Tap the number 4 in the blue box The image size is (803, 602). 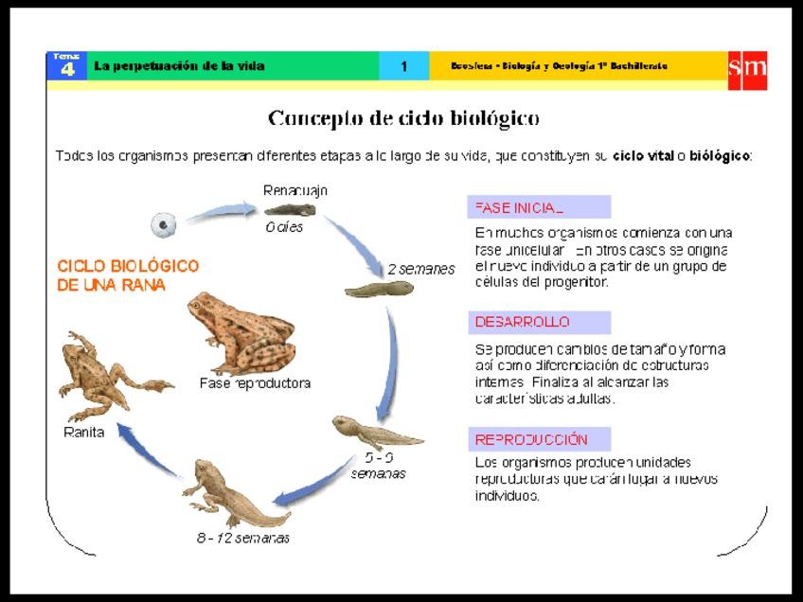pyautogui.click(x=66, y=70)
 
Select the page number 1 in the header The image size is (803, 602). pyautogui.click(x=403, y=66)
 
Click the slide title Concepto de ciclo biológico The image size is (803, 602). pyautogui.click(x=403, y=118)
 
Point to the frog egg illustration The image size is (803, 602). pyautogui.click(x=163, y=224)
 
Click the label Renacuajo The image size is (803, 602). pyautogui.click(x=295, y=190)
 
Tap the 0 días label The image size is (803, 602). pyautogui.click(x=284, y=227)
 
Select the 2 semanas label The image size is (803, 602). pyautogui.click(x=420, y=269)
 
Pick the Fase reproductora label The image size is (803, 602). pyautogui.click(x=255, y=383)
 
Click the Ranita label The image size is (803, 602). pyautogui.click(x=83, y=433)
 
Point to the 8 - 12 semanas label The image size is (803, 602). pyautogui.click(x=243, y=538)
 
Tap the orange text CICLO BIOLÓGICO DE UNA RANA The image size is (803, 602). pyautogui.click(x=128, y=274)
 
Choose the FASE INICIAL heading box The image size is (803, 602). pyautogui.click(x=539, y=207)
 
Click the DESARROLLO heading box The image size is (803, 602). pyautogui.click(x=539, y=322)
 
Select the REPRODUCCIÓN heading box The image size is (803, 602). pyautogui.click(x=539, y=439)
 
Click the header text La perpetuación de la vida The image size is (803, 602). pyautogui.click(x=180, y=66)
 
